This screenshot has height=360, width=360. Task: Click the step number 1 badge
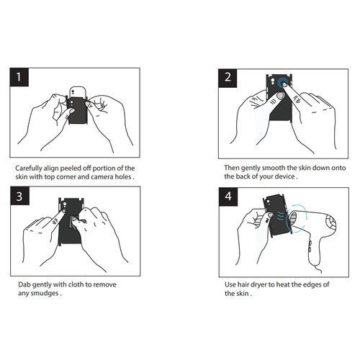coord(19,77)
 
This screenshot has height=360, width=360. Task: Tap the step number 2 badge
coord(228,78)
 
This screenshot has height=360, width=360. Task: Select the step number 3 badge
coord(20,196)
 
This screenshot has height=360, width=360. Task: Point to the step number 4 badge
coord(228,197)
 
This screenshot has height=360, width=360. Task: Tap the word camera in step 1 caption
coord(102,177)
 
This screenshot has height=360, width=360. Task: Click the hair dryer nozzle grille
coord(293,218)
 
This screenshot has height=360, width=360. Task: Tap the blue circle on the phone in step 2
coord(283,83)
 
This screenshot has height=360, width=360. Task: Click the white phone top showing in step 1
coord(77,91)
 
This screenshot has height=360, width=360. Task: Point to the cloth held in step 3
coord(73,222)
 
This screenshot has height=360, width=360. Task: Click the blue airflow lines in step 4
coord(282,215)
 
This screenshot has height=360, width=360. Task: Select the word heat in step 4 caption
coord(283,285)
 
